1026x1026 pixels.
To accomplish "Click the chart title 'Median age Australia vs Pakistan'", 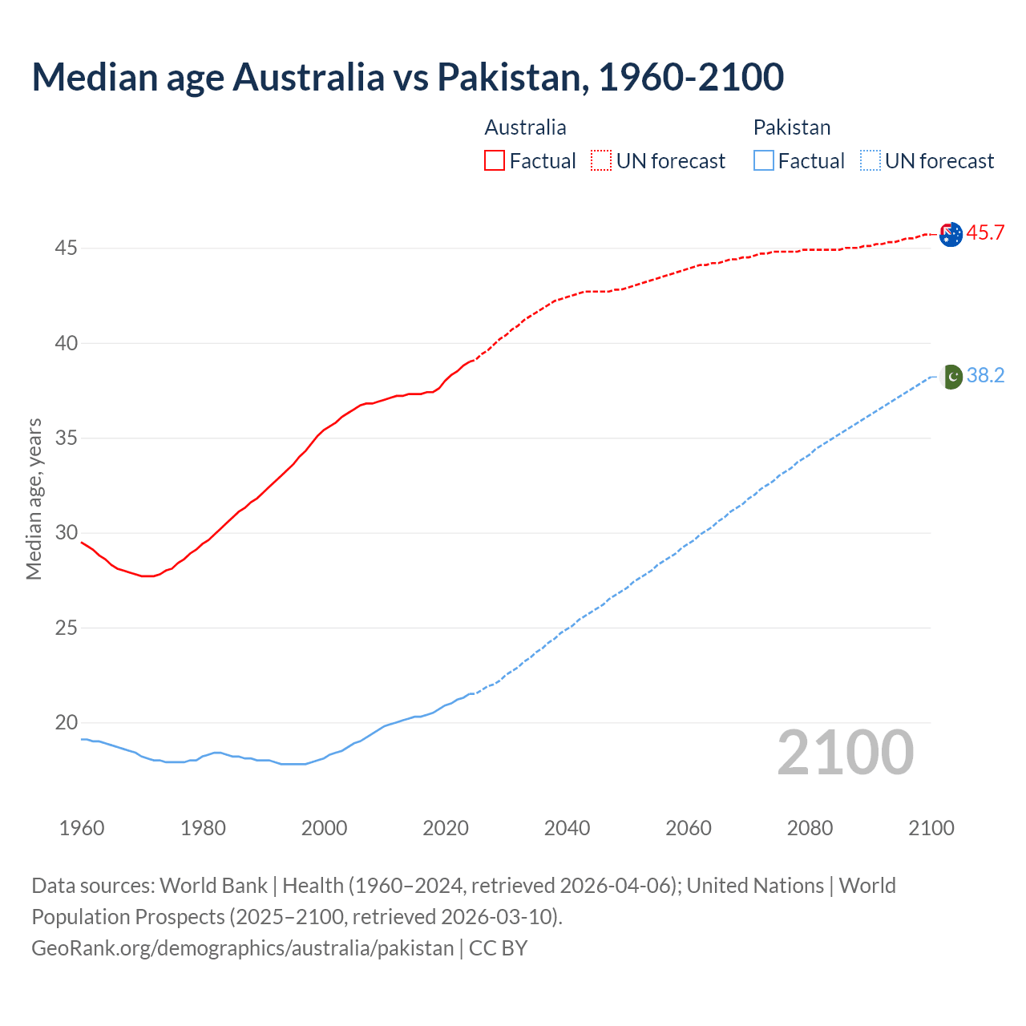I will [407, 77].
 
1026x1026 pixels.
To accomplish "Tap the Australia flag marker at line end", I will [950, 234].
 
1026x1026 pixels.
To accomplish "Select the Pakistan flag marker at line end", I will [951, 376].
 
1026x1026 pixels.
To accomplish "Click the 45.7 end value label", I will [985, 233].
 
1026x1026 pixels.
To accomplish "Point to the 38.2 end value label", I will [985, 376].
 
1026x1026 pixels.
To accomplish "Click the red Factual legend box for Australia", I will [495, 160].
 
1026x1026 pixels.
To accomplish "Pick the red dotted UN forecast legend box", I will [601, 160].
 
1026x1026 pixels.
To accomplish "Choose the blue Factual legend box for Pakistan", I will [764, 160].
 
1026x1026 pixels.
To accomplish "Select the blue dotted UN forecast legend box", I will [870, 160].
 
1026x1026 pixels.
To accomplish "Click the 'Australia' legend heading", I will [525, 127].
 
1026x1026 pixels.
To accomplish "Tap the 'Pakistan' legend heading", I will [791, 127].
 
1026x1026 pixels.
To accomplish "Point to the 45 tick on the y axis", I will [66, 248].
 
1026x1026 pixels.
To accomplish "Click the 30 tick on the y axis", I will [66, 533].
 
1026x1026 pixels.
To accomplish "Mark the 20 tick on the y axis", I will [66, 723].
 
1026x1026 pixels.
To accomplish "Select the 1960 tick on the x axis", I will [82, 828].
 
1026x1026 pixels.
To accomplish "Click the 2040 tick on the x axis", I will [567, 828].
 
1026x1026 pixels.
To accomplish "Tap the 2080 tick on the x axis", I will [810, 828].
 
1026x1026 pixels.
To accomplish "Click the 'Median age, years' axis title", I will [34, 499].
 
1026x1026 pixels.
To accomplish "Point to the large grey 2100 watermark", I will [845, 753].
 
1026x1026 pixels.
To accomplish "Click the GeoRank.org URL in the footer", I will [242, 948].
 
